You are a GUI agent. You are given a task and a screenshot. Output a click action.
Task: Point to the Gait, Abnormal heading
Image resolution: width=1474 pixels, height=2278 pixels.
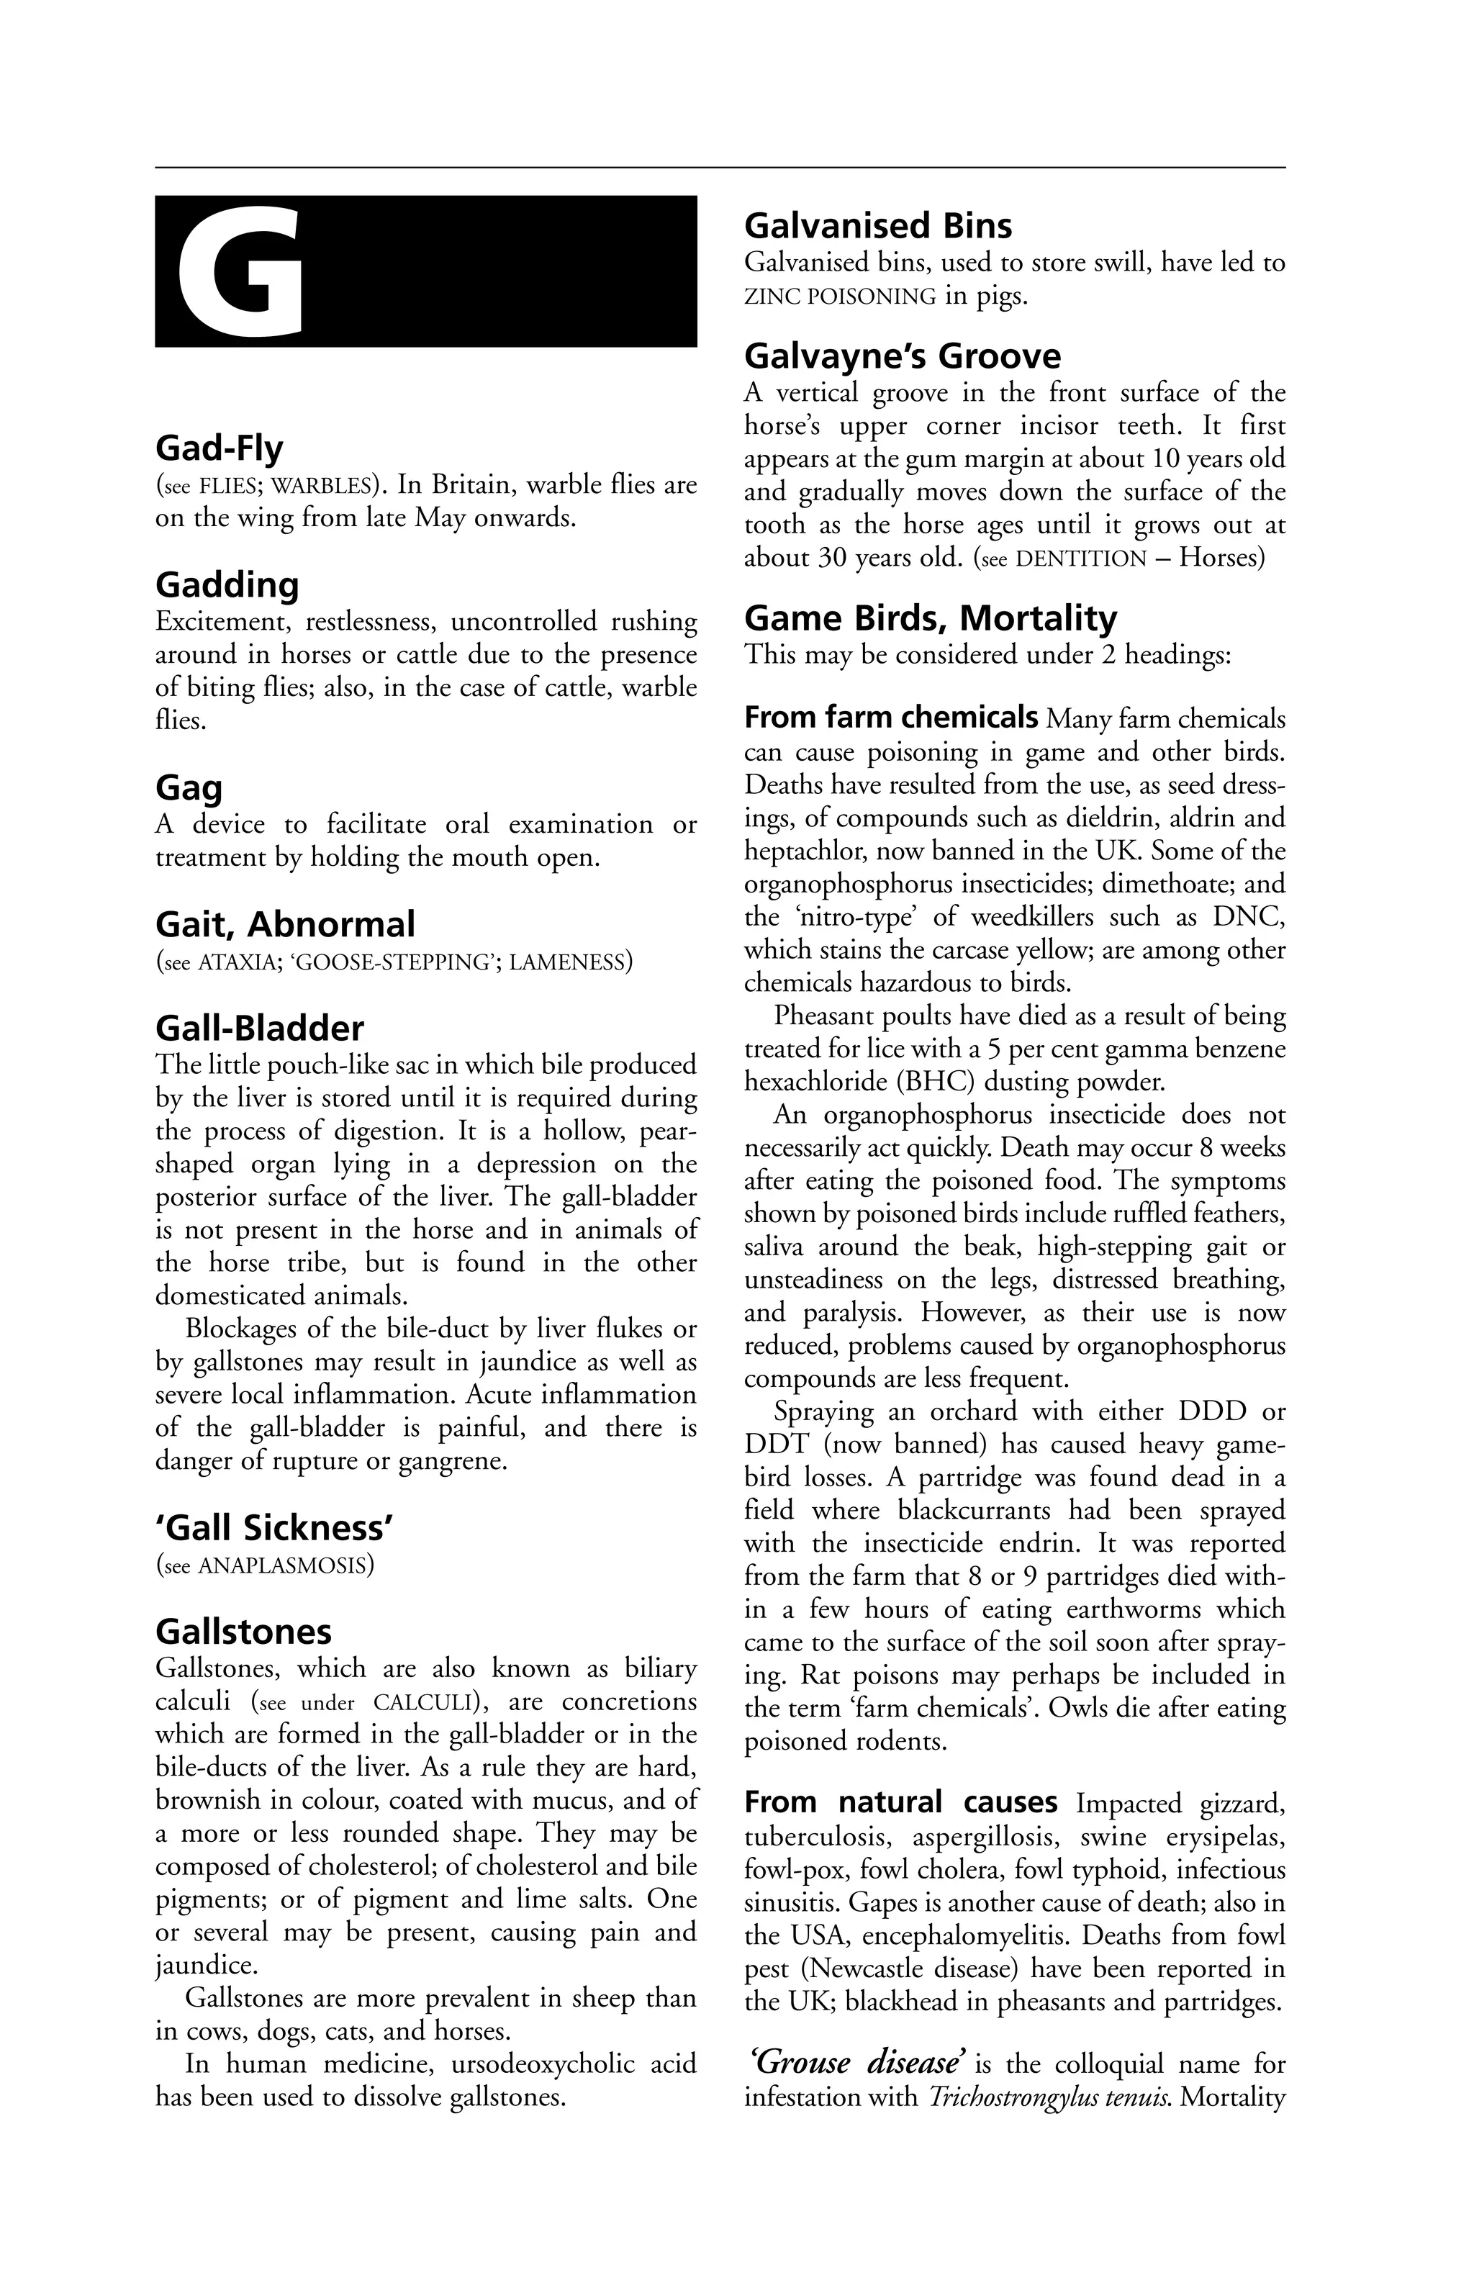[x=285, y=925]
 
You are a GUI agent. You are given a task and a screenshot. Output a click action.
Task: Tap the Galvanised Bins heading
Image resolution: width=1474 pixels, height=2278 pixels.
[x=877, y=226]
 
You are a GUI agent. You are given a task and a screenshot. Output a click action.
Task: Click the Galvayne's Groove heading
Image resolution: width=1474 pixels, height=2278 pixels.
[x=903, y=356]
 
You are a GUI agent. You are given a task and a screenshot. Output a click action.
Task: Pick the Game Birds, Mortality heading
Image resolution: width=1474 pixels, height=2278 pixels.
[x=931, y=618]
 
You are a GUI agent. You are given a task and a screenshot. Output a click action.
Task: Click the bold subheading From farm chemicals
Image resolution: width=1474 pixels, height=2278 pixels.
[x=891, y=717]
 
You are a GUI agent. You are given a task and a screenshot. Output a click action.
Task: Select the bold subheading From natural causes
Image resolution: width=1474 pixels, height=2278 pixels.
[x=900, y=1802]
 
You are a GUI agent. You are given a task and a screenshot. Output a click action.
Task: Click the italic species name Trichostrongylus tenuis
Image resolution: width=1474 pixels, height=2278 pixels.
[x=1050, y=2098]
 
